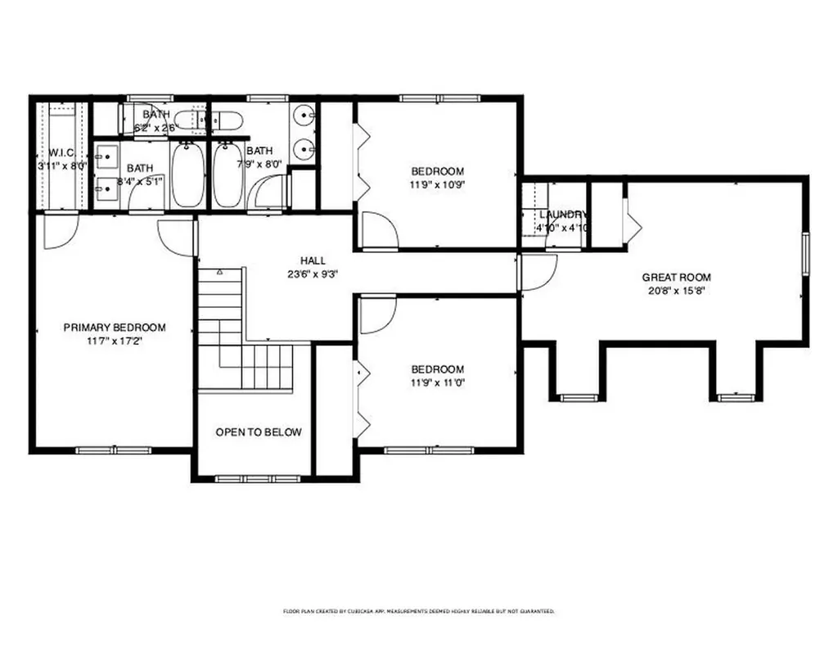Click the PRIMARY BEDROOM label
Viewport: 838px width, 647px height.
(115, 328)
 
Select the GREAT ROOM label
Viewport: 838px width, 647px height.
(676, 277)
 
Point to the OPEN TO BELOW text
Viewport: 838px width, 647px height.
(258, 432)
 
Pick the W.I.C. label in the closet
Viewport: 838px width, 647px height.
(61, 152)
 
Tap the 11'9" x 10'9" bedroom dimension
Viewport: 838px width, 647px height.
(437, 185)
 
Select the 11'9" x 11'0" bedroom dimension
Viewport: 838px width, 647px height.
(437, 382)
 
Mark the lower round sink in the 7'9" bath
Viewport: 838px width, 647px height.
(304, 149)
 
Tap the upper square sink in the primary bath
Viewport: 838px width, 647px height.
(106, 153)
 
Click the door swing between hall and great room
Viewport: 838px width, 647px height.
(538, 273)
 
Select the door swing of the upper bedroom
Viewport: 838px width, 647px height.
(379, 230)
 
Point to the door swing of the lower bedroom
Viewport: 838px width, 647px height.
(377, 316)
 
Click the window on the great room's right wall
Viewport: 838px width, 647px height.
(804, 254)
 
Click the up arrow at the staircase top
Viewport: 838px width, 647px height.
(219, 270)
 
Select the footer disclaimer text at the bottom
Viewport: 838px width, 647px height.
(419, 611)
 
